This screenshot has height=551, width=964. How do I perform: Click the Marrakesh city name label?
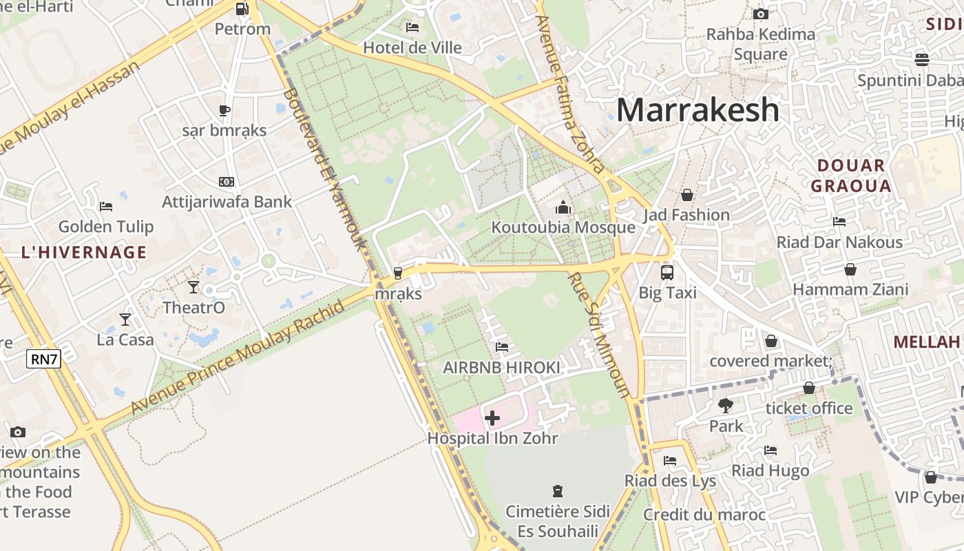[698, 110]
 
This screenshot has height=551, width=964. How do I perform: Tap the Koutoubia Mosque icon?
[563, 207]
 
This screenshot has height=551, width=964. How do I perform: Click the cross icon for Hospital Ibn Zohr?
[492, 417]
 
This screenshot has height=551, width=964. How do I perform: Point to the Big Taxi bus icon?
[667, 272]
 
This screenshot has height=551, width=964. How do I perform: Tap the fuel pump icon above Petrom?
[242, 9]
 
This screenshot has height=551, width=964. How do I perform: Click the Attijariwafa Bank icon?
[226, 182]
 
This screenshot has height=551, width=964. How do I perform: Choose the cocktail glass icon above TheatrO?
[193, 287]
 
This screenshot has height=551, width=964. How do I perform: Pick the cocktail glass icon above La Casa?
[125, 319]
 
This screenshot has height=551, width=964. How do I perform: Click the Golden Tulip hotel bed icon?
[105, 206]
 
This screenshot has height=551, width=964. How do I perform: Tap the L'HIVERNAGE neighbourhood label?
[84, 252]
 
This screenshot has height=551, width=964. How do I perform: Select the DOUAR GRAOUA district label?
[850, 176]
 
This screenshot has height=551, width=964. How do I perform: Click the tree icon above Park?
[725, 405]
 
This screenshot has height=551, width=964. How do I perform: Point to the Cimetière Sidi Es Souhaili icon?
[557, 491]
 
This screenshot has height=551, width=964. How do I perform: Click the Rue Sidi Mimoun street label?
[599, 335]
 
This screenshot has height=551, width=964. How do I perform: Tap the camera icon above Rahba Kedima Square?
[761, 14]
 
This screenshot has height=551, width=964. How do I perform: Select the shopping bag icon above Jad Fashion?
[687, 195]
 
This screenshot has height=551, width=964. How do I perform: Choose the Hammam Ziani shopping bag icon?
[850, 269]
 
